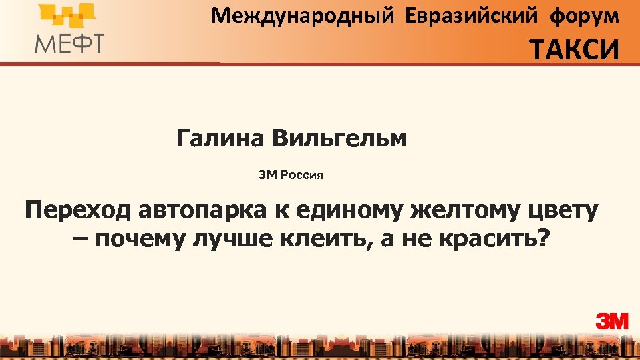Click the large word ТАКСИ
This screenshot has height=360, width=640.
pos(574,49)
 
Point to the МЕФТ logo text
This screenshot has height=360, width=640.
pos(69,43)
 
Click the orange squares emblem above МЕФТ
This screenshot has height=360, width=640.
pos(67,17)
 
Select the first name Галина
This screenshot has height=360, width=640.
pos(220,139)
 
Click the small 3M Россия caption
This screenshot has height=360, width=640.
pos(291,176)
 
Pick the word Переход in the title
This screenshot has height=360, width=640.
pos(79,211)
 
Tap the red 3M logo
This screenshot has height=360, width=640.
pos(611,321)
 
